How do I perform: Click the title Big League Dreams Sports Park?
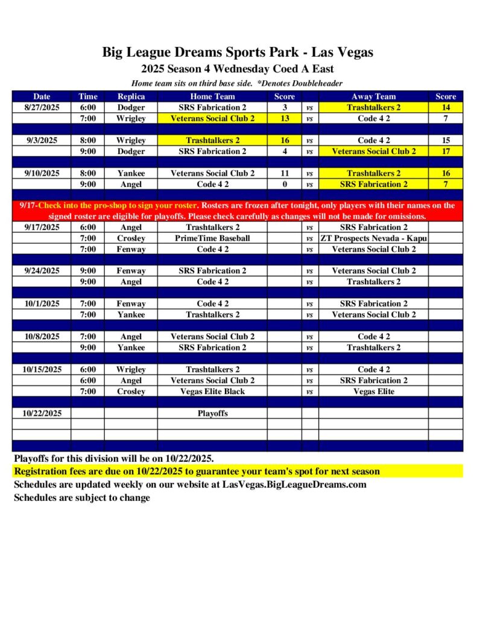click(x=238, y=52)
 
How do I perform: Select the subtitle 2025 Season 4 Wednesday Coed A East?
click(x=238, y=69)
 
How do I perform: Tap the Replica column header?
click(x=131, y=97)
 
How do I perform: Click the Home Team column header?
click(x=212, y=97)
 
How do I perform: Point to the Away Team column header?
click(x=373, y=97)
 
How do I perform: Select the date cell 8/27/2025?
click(x=42, y=107)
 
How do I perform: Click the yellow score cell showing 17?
click(x=446, y=151)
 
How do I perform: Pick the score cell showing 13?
click(x=285, y=119)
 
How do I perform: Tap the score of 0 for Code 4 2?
click(x=285, y=185)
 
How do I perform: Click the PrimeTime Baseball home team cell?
click(x=212, y=238)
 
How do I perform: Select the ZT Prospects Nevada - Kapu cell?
click(x=373, y=238)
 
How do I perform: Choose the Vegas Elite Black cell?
click(x=212, y=392)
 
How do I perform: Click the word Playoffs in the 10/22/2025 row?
click(x=212, y=414)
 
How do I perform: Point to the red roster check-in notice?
click(x=238, y=211)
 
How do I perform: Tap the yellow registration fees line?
click(x=197, y=471)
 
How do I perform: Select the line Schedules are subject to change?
click(x=82, y=498)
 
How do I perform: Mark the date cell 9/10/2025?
click(x=42, y=173)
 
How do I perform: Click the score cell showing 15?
click(x=446, y=141)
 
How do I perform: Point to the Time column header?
click(x=87, y=97)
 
